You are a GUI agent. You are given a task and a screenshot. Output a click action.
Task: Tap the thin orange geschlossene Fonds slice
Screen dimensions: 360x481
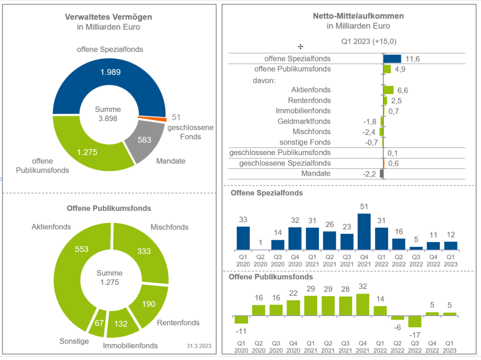pyautogui.click(x=152, y=119)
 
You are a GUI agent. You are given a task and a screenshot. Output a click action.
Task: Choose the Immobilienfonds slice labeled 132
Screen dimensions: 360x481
pyautogui.click(x=121, y=324)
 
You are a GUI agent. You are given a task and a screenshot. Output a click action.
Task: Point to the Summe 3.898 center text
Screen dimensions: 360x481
pyautogui.click(x=108, y=114)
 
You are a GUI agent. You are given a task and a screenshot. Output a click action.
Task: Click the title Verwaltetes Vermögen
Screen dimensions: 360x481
pyautogui.click(x=108, y=17)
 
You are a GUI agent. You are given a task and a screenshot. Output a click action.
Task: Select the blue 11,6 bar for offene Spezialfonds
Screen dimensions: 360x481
pyautogui.click(x=392, y=59)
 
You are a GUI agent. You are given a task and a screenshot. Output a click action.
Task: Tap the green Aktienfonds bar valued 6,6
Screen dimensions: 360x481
pyautogui.click(x=389, y=90)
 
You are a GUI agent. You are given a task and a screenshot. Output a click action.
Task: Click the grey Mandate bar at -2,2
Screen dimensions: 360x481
pyautogui.click(x=382, y=174)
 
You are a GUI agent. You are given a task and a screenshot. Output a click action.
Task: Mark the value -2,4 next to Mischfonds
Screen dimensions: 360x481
pyautogui.click(x=369, y=132)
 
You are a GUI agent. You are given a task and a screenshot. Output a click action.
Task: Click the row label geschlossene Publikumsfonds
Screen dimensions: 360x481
pyautogui.click(x=280, y=153)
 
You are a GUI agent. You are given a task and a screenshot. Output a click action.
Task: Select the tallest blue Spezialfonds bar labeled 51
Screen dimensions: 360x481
pyautogui.click(x=364, y=231)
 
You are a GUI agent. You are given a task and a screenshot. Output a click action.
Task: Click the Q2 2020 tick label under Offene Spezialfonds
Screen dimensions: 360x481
pyautogui.click(x=260, y=260)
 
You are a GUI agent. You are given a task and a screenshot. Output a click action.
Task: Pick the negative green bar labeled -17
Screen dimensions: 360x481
pyautogui.click(x=415, y=322)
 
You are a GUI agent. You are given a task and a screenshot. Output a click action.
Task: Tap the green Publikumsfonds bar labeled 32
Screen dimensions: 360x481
pyautogui.click(x=363, y=305)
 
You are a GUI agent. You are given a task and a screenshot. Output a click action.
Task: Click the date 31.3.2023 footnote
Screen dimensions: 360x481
pyautogui.click(x=199, y=346)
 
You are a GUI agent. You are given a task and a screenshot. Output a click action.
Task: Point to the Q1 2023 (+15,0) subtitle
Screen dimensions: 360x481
pyautogui.click(x=369, y=41)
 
